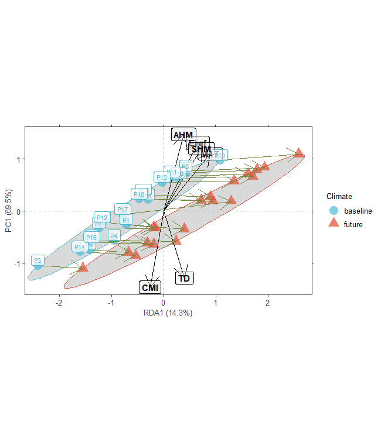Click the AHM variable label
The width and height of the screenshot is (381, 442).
[183, 135]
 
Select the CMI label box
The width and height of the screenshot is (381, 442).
[150, 287]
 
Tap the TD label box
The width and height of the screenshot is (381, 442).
[184, 278]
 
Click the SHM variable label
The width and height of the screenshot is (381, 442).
[201, 150]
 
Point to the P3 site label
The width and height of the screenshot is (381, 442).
[38, 261]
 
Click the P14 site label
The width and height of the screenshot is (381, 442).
[80, 247]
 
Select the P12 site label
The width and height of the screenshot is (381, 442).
[101, 217]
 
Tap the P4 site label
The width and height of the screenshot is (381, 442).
[114, 236]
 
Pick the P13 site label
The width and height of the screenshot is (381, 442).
[162, 177]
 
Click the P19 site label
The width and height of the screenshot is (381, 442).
[220, 156]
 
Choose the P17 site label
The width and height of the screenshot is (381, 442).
[122, 210]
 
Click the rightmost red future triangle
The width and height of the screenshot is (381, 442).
[299, 153]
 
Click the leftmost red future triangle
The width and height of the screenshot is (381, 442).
[83, 267]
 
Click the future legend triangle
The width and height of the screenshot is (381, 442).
[334, 224]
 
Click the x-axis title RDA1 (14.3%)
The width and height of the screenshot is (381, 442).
[168, 313]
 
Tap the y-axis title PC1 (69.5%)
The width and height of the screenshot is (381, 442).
[9, 211]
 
